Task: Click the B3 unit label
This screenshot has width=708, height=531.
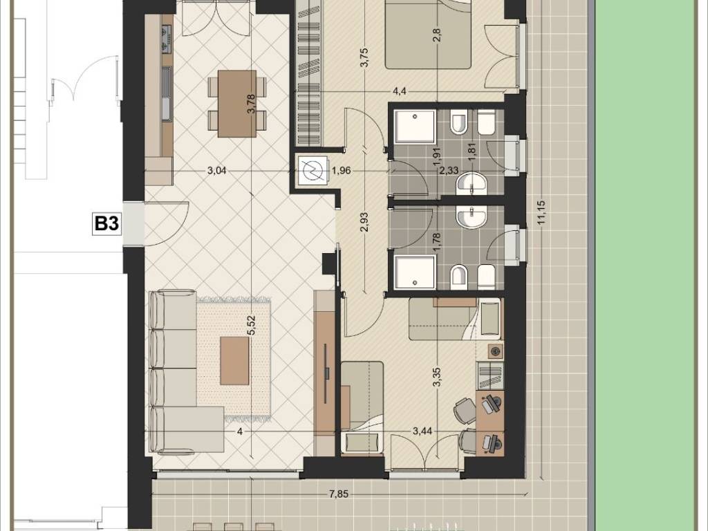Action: point(107,223)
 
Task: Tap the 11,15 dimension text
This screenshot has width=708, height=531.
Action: point(542,212)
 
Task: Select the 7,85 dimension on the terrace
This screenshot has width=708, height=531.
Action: point(338,494)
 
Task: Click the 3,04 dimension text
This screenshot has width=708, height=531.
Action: point(216,171)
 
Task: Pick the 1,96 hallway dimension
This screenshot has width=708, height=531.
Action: point(341,171)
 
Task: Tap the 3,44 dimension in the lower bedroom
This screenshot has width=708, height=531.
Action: point(422,431)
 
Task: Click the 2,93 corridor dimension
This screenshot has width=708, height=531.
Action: point(364,222)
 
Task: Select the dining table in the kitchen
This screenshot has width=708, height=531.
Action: point(237,104)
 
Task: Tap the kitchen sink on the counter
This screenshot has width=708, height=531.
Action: point(167,94)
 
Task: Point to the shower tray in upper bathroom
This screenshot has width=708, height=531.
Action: point(416,127)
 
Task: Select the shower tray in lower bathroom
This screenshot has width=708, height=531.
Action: point(416,272)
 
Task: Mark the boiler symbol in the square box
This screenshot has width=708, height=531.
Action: point(313,170)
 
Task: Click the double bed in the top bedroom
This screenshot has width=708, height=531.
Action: point(428,35)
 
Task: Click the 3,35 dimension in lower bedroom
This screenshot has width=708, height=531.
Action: point(437,377)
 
